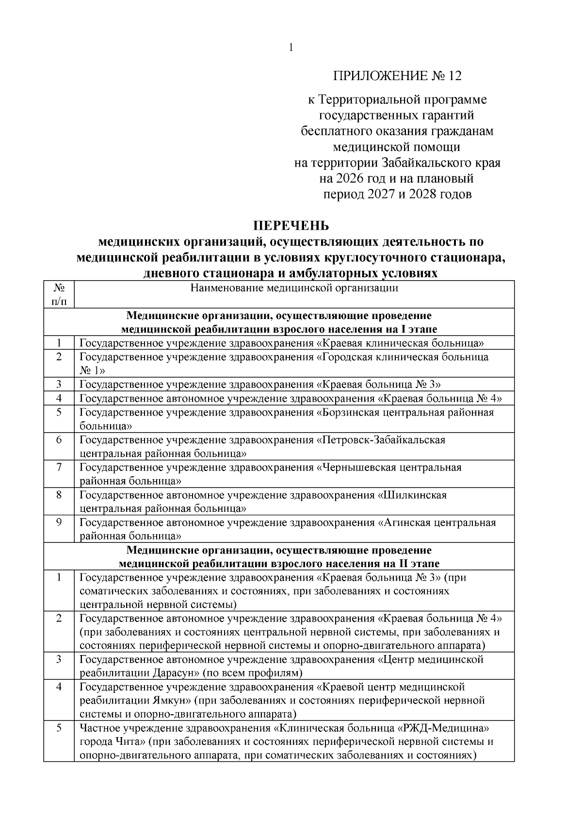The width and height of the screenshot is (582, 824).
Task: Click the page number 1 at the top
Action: [x=291, y=48]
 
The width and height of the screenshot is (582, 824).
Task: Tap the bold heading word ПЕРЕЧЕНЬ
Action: [x=291, y=226]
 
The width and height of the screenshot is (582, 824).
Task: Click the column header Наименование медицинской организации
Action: [x=294, y=288]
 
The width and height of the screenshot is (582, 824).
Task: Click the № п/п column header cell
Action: [x=59, y=295]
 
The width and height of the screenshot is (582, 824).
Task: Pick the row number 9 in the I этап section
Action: [x=59, y=523]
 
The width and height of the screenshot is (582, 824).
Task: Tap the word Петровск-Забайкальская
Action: [x=381, y=440]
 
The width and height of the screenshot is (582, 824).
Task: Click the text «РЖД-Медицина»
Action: [x=441, y=728]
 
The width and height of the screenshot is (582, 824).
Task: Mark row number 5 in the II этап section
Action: [x=59, y=728]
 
